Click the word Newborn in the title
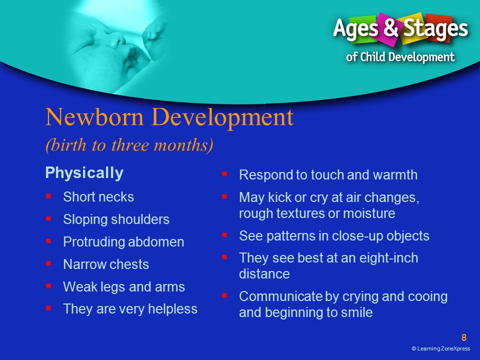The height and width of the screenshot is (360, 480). coord(94,117)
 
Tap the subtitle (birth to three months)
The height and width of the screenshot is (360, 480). coord(129,145)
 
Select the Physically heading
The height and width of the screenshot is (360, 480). coord(84,173)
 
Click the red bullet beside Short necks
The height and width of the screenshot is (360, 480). coord(48,196)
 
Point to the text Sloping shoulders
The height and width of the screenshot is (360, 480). coord(116,219)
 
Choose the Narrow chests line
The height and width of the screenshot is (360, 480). coord(106,264)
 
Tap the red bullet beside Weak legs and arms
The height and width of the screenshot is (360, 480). coord(48,286)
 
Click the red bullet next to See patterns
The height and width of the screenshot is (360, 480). coord(224,235)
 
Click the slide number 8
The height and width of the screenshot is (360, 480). coord(464,337)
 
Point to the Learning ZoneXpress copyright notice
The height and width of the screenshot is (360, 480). coord(441,348)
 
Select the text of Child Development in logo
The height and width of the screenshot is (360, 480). coord(400,57)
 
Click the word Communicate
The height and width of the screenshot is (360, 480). coord(280,296)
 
